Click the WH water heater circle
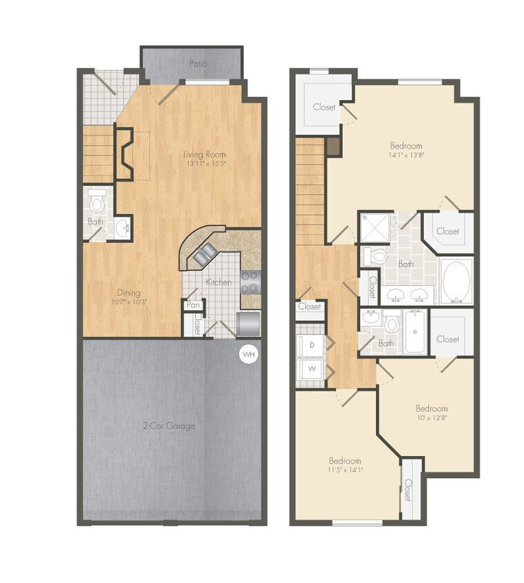tap(248, 355)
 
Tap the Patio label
tap(198, 64)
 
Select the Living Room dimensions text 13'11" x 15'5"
tap(205, 164)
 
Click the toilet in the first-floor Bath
tap(97, 202)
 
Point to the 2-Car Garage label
tap(169, 426)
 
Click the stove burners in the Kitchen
tap(250, 282)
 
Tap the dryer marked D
tap(312, 344)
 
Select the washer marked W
tap(312, 369)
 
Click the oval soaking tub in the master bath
tap(456, 281)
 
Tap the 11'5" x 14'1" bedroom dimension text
tap(344, 470)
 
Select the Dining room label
tap(129, 292)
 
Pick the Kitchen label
tap(218, 283)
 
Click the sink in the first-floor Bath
tap(122, 226)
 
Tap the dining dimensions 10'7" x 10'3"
tap(129, 302)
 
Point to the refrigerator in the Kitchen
tap(248, 323)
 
